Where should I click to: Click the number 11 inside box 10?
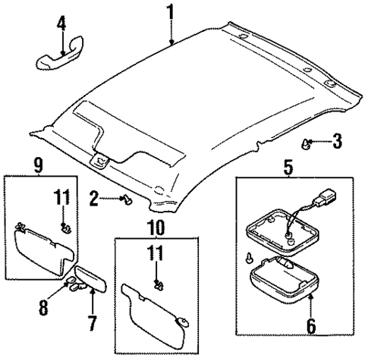[x=157, y=255]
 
